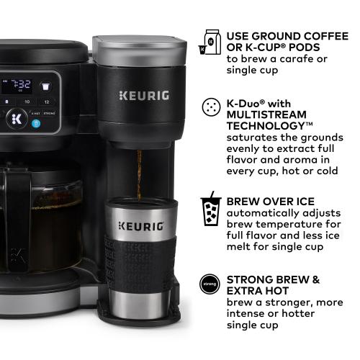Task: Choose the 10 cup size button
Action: (27, 102)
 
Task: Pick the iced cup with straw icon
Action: (210, 208)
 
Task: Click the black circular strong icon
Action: (210, 284)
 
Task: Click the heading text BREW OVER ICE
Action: (270, 201)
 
